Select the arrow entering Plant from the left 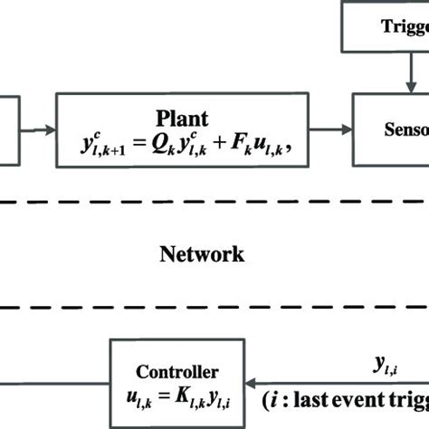(x=41, y=129)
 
